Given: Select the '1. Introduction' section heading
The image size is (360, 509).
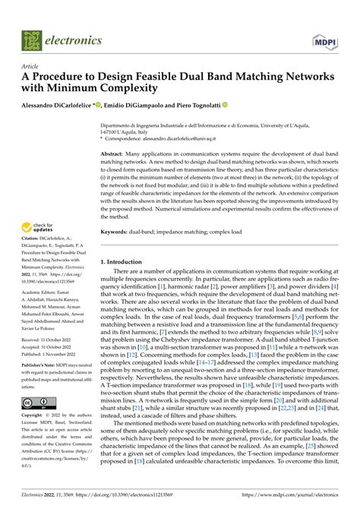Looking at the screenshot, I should [126, 261].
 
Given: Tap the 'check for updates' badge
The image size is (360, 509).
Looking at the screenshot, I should [37, 227].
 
